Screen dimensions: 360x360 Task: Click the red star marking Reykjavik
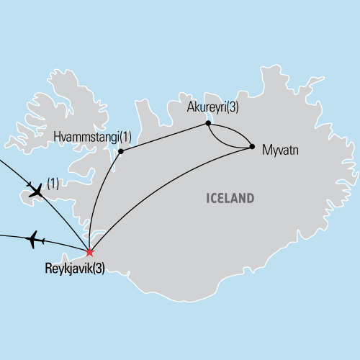click(x=89, y=252)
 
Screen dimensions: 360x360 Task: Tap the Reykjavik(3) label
click(x=74, y=270)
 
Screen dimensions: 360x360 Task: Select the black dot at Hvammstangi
click(x=121, y=151)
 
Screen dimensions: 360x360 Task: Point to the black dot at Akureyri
click(x=208, y=124)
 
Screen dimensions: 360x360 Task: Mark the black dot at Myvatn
click(x=252, y=147)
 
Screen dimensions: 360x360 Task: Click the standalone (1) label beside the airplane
click(x=52, y=181)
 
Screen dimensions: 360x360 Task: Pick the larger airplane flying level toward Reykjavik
click(x=33, y=240)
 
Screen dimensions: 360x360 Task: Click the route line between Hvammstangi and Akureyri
click(x=164, y=138)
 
